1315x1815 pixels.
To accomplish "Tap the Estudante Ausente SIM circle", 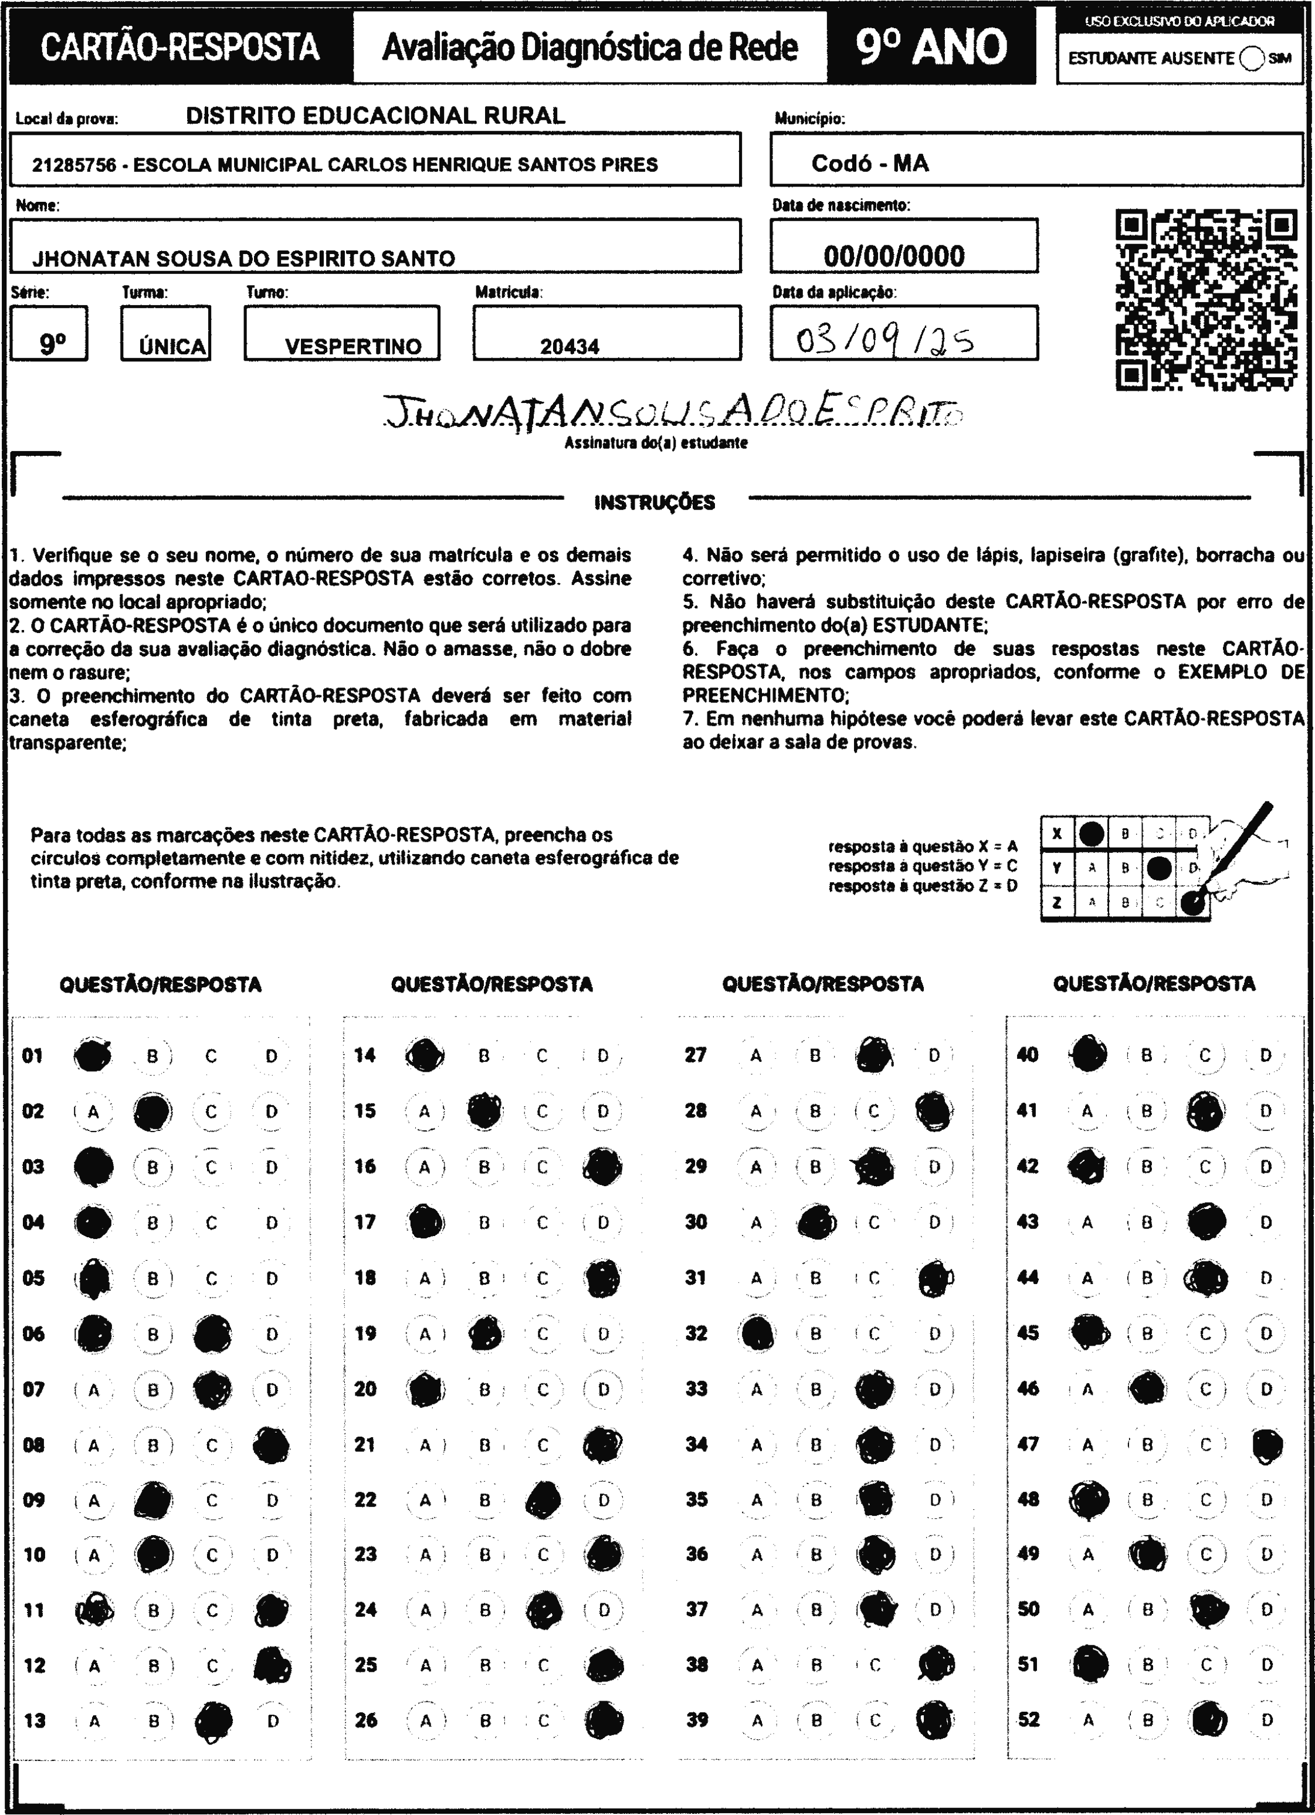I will pos(1251,59).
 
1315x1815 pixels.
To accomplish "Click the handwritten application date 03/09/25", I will pos(884,342).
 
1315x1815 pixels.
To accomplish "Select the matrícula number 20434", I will pos(569,347).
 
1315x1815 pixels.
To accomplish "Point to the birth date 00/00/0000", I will pos(893,256).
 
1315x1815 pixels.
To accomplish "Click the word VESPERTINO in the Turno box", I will pos(353,347).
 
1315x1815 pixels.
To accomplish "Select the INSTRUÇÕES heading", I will pos(655,503).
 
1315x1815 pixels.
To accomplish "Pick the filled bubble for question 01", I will pos(93,1055).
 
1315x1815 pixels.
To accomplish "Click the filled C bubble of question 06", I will pos(212,1334).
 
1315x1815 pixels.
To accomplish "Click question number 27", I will pos(696,1055).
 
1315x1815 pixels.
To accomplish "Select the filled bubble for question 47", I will pos(1267,1444).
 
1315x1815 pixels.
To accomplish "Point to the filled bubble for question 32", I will pos(757,1334).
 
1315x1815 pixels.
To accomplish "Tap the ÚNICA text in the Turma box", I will pos(172,347).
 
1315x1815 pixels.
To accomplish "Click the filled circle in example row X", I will pos(1092,834).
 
